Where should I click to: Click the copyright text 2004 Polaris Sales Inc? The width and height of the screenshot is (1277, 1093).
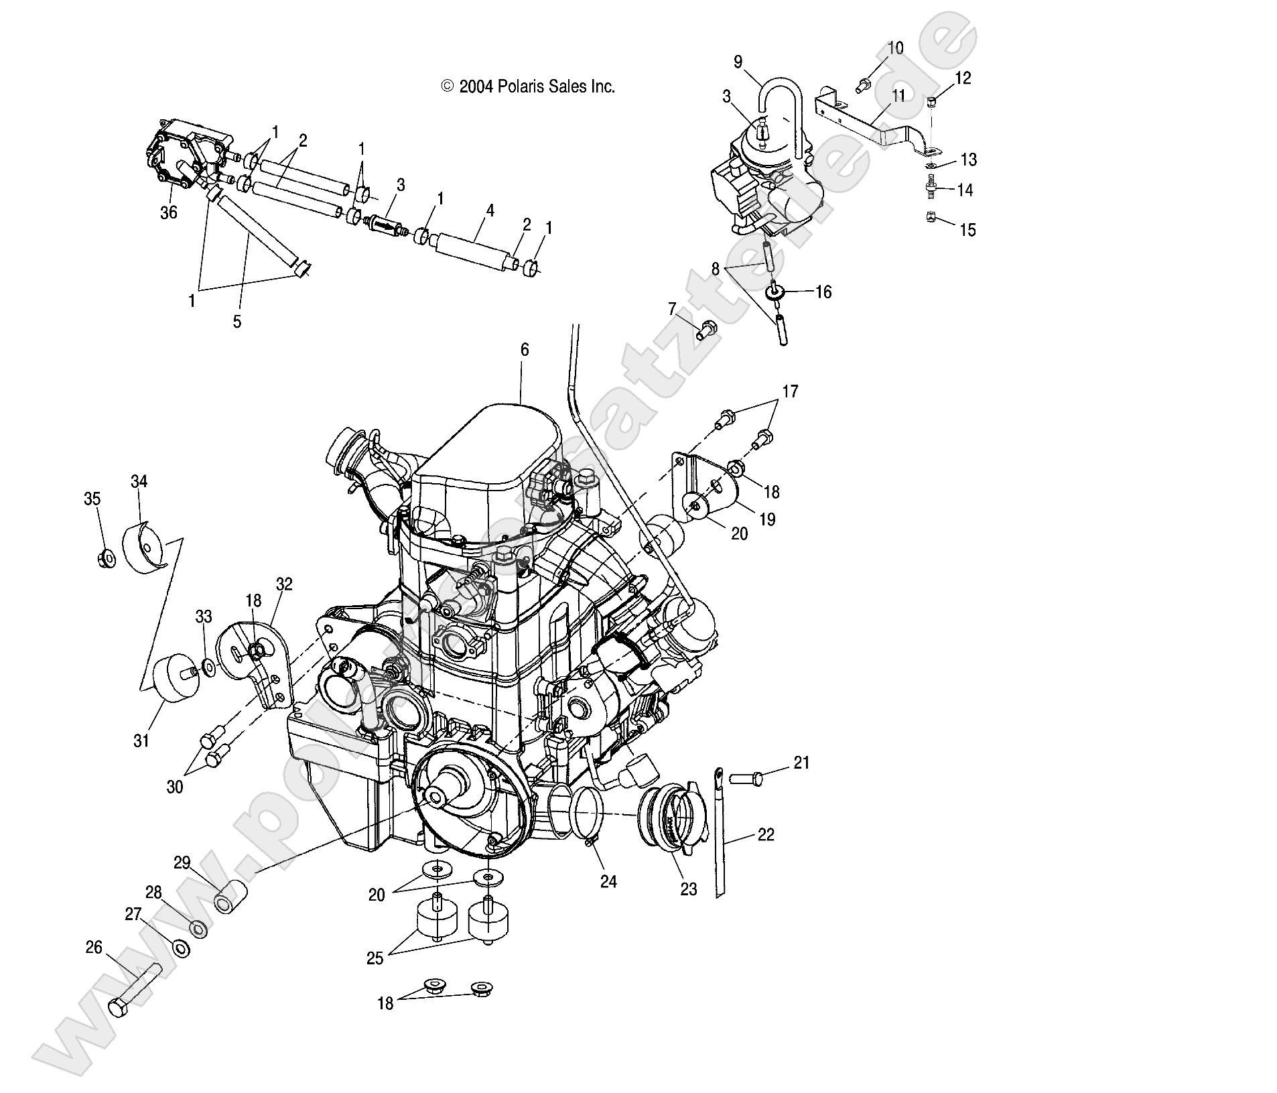click(x=527, y=86)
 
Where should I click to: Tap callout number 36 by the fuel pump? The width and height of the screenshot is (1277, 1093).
click(x=168, y=212)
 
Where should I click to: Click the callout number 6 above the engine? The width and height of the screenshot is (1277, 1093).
click(x=524, y=349)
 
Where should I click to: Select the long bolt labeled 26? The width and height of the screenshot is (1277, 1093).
click(x=134, y=993)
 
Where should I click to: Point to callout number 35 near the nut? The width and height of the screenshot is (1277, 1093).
click(x=92, y=499)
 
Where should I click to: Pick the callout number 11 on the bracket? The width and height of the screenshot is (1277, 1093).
click(x=898, y=95)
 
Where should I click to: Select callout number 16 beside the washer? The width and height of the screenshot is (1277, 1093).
click(x=823, y=292)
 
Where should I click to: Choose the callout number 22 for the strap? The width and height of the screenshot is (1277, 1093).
click(x=765, y=834)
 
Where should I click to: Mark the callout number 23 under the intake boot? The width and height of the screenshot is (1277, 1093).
click(x=688, y=889)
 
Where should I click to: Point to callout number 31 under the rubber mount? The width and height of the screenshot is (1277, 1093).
click(x=141, y=741)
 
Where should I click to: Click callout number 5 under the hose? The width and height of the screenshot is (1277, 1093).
click(x=237, y=321)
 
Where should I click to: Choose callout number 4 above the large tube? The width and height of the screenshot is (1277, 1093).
click(x=490, y=210)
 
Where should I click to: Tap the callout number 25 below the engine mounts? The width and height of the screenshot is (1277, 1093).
click(x=375, y=958)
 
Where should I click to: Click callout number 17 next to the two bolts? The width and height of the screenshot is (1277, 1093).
click(x=790, y=391)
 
